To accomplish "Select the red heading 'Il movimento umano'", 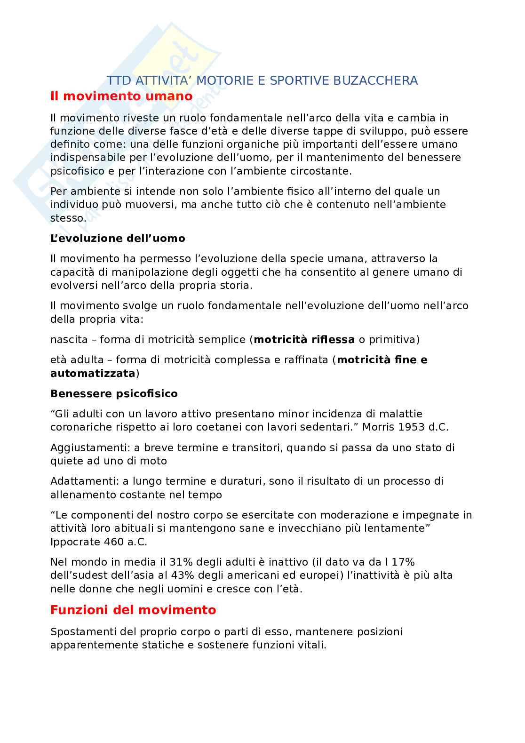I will pos(121,96).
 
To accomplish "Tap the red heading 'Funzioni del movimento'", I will pos(133,610).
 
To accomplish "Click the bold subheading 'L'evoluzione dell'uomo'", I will pos(118,238).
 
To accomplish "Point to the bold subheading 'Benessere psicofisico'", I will pos(114,393).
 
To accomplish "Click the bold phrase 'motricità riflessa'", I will pos(304,339).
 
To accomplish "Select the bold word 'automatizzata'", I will pos(93,374).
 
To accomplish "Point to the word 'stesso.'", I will pos(68,218).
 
